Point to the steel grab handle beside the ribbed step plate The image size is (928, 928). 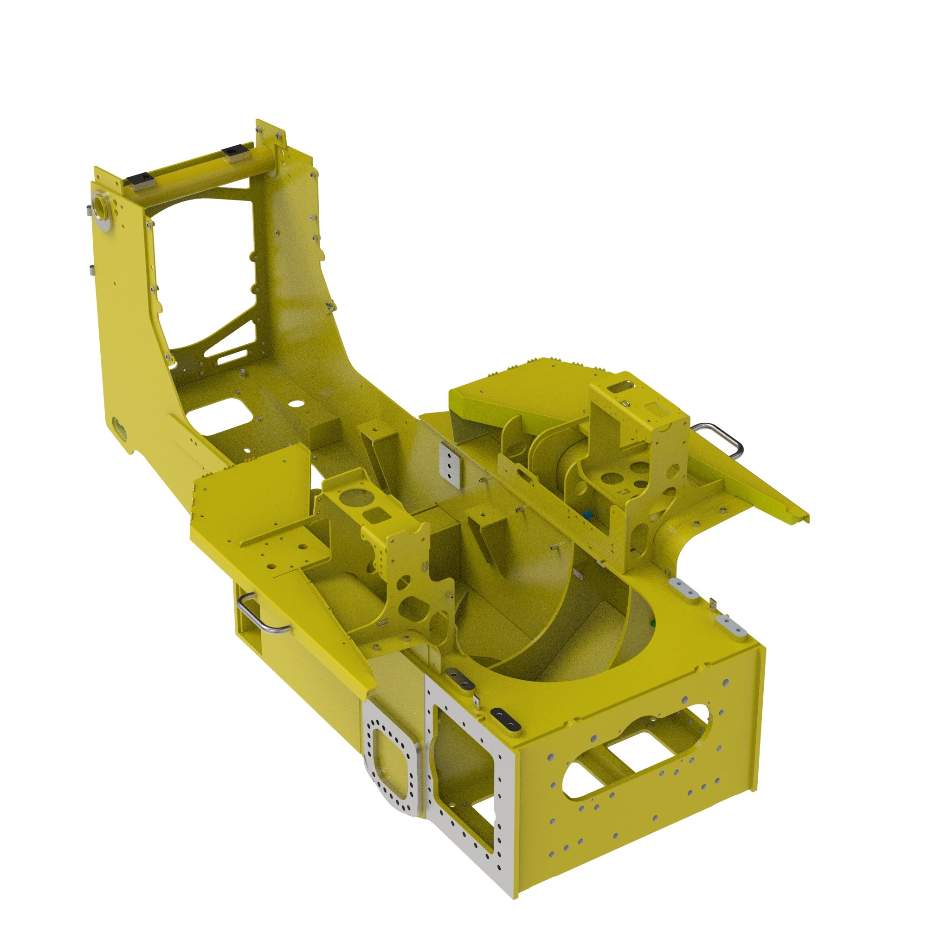coord(719,438)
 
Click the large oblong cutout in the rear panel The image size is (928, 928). coord(637,753)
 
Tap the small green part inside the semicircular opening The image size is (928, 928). coord(652,623)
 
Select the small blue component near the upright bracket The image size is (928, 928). coord(586,516)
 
